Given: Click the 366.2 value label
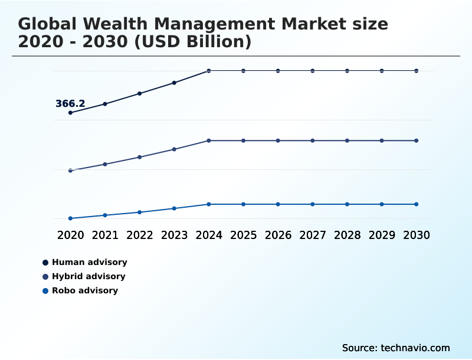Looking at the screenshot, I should pyautogui.click(x=70, y=104).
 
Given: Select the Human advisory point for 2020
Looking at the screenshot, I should pyautogui.click(x=71, y=113).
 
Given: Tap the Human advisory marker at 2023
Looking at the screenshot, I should pyautogui.click(x=174, y=83).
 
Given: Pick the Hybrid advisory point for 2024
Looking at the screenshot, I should pyautogui.click(x=209, y=140).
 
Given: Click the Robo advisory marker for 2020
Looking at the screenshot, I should pyautogui.click(x=71, y=218).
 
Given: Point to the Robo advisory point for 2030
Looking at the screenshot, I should pyautogui.click(x=417, y=204).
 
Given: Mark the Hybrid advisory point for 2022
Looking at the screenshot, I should pyautogui.click(x=140, y=157).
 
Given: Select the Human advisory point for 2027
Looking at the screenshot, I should pyautogui.click(x=313, y=71).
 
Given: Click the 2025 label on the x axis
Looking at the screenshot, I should pyautogui.click(x=243, y=235).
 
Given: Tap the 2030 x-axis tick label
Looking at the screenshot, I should pyautogui.click(x=417, y=235).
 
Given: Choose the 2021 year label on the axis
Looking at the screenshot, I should pyautogui.click(x=105, y=235).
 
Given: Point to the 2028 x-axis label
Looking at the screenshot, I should pyautogui.click(x=347, y=235).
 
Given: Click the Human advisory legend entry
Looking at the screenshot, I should pyautogui.click(x=89, y=262).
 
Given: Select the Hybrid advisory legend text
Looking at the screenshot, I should pyautogui.click(x=88, y=276).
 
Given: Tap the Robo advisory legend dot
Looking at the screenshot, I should pyautogui.click(x=45, y=290).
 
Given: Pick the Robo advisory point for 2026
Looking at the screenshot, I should pyautogui.click(x=278, y=204).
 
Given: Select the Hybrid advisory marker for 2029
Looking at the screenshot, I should pyautogui.click(x=382, y=140).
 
